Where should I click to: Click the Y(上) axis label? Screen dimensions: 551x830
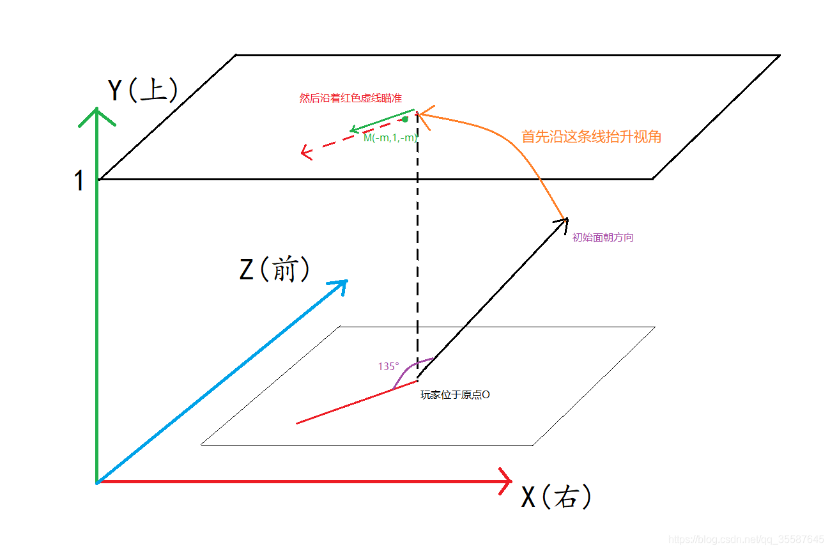(142, 91)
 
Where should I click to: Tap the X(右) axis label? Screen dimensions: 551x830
(556, 497)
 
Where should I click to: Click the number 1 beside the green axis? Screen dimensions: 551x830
(79, 182)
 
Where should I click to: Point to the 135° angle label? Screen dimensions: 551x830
(388, 366)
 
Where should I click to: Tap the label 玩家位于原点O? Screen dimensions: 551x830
(455, 395)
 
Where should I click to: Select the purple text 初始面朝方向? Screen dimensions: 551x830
(603, 237)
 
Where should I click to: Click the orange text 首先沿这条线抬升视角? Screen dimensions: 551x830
(591, 136)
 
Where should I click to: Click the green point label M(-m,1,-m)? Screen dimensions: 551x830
(390, 137)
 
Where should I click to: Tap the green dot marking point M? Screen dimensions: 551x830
(405, 120)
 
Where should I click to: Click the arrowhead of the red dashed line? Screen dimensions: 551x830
(305, 152)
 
